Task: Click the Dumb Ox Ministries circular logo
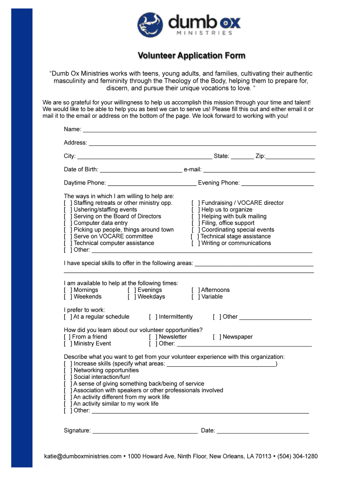click(150, 25)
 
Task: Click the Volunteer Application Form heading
click(191, 56)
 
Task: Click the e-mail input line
click(259, 170)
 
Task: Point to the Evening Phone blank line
click(277, 184)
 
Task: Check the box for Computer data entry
click(68, 223)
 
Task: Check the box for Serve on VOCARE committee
click(68, 236)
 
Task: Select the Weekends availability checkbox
click(68, 297)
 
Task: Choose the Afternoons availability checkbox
click(195, 290)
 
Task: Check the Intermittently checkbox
click(153, 317)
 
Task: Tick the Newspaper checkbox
click(217, 337)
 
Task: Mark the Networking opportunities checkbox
click(68, 370)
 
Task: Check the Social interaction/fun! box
click(68, 377)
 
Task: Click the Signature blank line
click(145, 431)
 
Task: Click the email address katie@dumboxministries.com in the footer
click(83, 456)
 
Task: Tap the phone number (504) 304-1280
click(298, 456)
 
